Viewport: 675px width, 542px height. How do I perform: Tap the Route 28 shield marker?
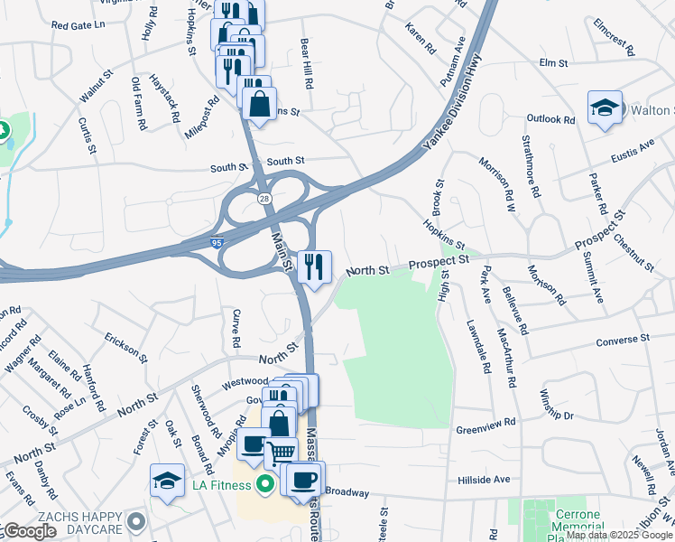point(264,199)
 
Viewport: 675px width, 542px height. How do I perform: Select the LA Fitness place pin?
point(265,485)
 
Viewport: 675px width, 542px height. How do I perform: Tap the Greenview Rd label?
point(485,422)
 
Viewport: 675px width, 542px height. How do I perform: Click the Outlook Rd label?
point(550,119)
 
